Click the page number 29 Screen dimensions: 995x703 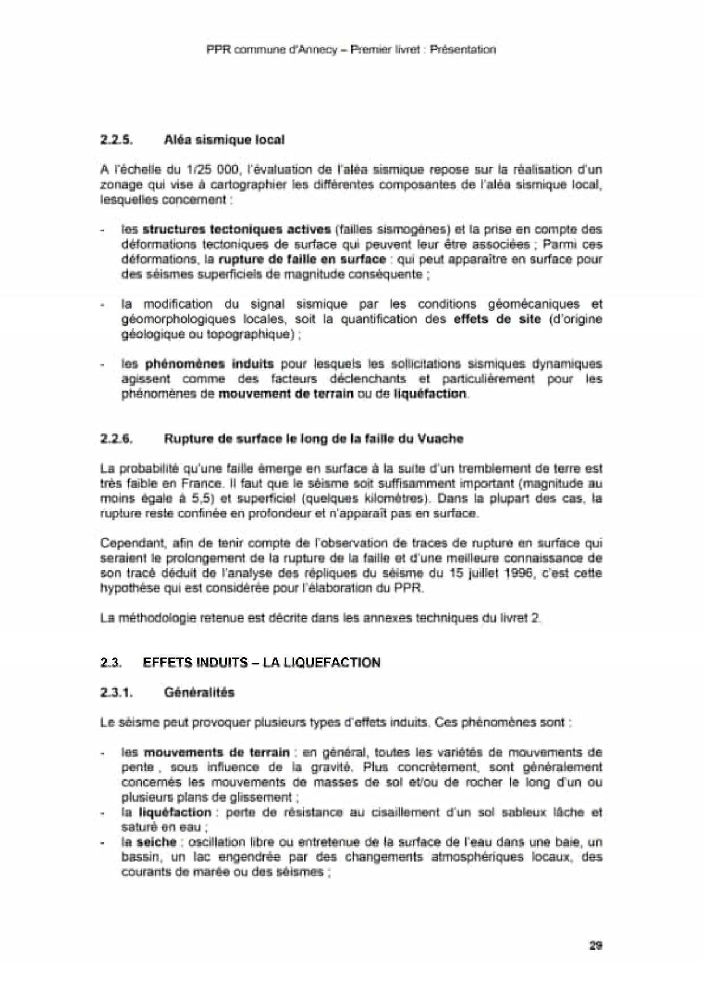tap(595, 945)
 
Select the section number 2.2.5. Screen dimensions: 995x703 tap(116, 139)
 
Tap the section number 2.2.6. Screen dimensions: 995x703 tap(116, 439)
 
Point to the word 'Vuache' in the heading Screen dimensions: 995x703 tap(441, 439)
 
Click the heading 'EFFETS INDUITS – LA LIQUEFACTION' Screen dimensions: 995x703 tap(261, 663)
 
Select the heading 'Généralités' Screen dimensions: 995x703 tap(198, 692)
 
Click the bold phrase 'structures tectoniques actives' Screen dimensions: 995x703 tap(236, 230)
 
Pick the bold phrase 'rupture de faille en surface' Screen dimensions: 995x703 tap(302, 259)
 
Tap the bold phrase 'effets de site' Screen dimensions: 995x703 tap(497, 319)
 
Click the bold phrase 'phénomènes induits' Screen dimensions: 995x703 tap(209, 364)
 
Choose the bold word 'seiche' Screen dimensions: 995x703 tap(157, 842)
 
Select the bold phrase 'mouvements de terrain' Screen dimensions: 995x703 tap(217, 753)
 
